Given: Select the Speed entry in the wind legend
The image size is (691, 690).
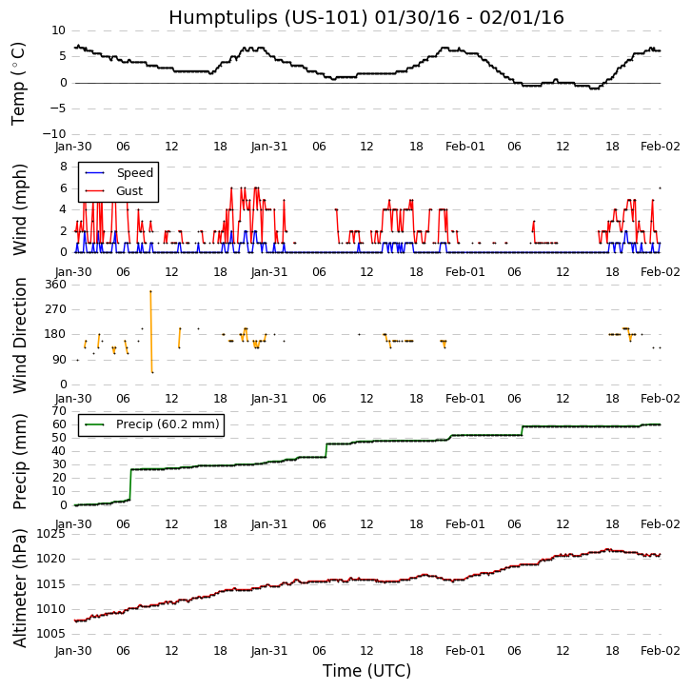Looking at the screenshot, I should tap(134, 173).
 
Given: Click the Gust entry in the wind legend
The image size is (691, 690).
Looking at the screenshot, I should tap(129, 191).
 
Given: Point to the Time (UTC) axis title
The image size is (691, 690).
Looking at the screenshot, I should tap(366, 671).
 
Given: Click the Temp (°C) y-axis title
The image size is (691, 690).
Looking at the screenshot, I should tap(19, 83).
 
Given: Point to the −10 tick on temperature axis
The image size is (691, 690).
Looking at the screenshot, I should tap(51, 134).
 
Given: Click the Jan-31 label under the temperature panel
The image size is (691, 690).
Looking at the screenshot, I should tap(269, 147).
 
